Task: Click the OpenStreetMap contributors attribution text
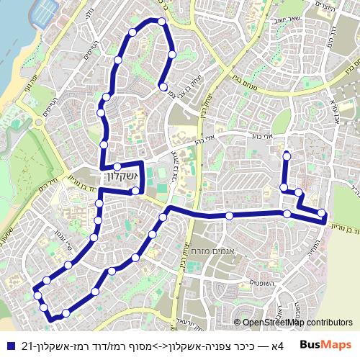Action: pos(297,323)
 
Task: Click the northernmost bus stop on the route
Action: pos(162,23)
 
